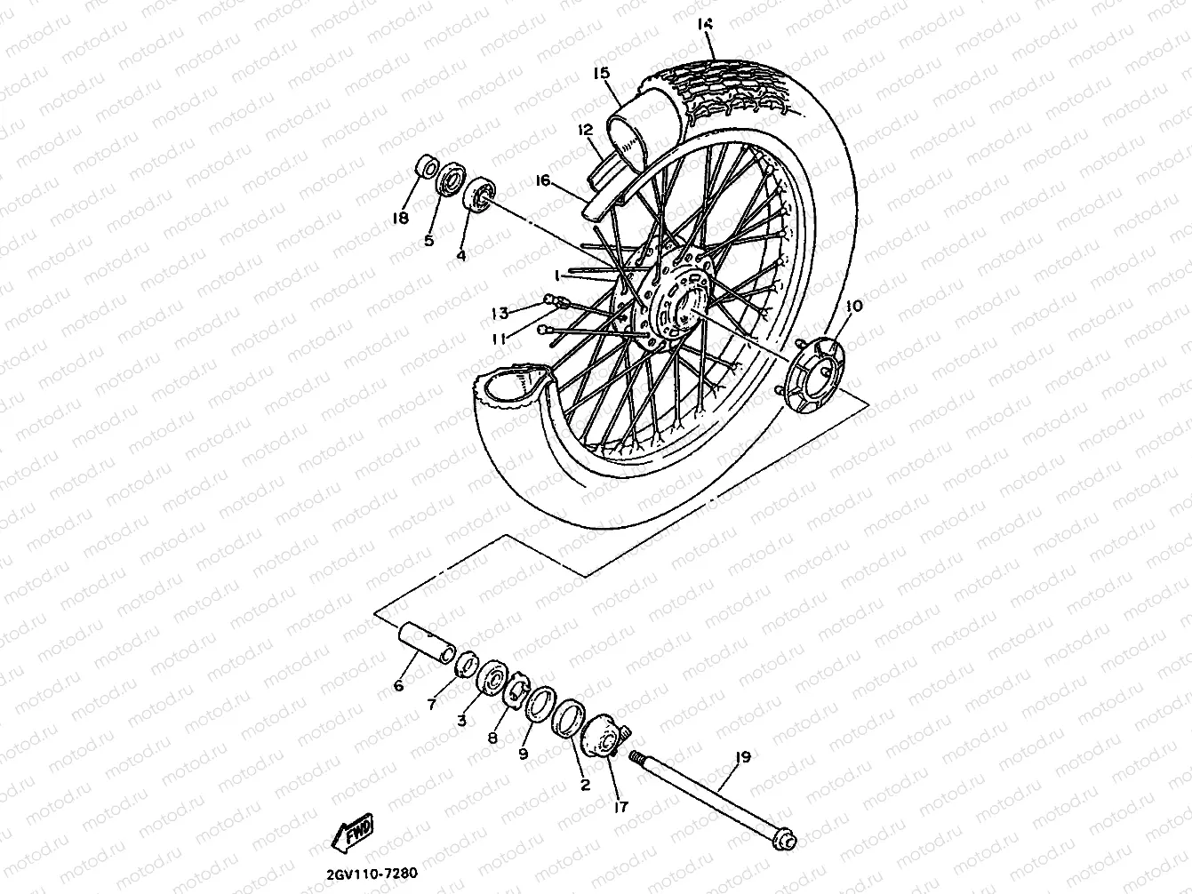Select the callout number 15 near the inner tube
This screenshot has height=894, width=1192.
click(x=602, y=72)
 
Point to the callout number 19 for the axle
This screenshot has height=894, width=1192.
click(x=743, y=757)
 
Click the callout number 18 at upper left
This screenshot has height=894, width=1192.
click(x=401, y=218)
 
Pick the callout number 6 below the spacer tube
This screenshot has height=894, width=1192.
click(x=398, y=685)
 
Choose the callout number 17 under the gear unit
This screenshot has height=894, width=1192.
click(x=620, y=807)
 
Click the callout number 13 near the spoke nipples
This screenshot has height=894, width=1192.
click(x=500, y=312)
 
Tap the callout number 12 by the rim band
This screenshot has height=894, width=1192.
click(x=584, y=130)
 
